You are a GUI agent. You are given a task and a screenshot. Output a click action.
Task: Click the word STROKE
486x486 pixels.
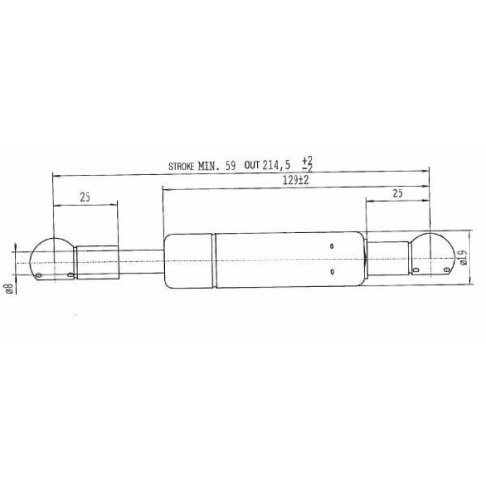(x=182, y=167)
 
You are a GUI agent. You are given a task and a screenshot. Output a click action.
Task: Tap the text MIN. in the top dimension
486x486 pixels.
(x=209, y=166)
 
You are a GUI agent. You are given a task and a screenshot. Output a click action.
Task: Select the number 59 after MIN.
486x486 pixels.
(x=230, y=166)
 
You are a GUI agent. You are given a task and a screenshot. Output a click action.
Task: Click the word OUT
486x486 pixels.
(x=252, y=166)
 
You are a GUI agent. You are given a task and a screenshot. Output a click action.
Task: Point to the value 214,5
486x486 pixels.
(x=276, y=166)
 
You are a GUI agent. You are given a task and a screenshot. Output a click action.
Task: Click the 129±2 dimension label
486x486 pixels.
(x=295, y=180)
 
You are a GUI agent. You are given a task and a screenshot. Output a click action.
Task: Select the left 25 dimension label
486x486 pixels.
(x=85, y=197)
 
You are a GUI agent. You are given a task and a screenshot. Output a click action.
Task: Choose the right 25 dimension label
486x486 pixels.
(x=398, y=193)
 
